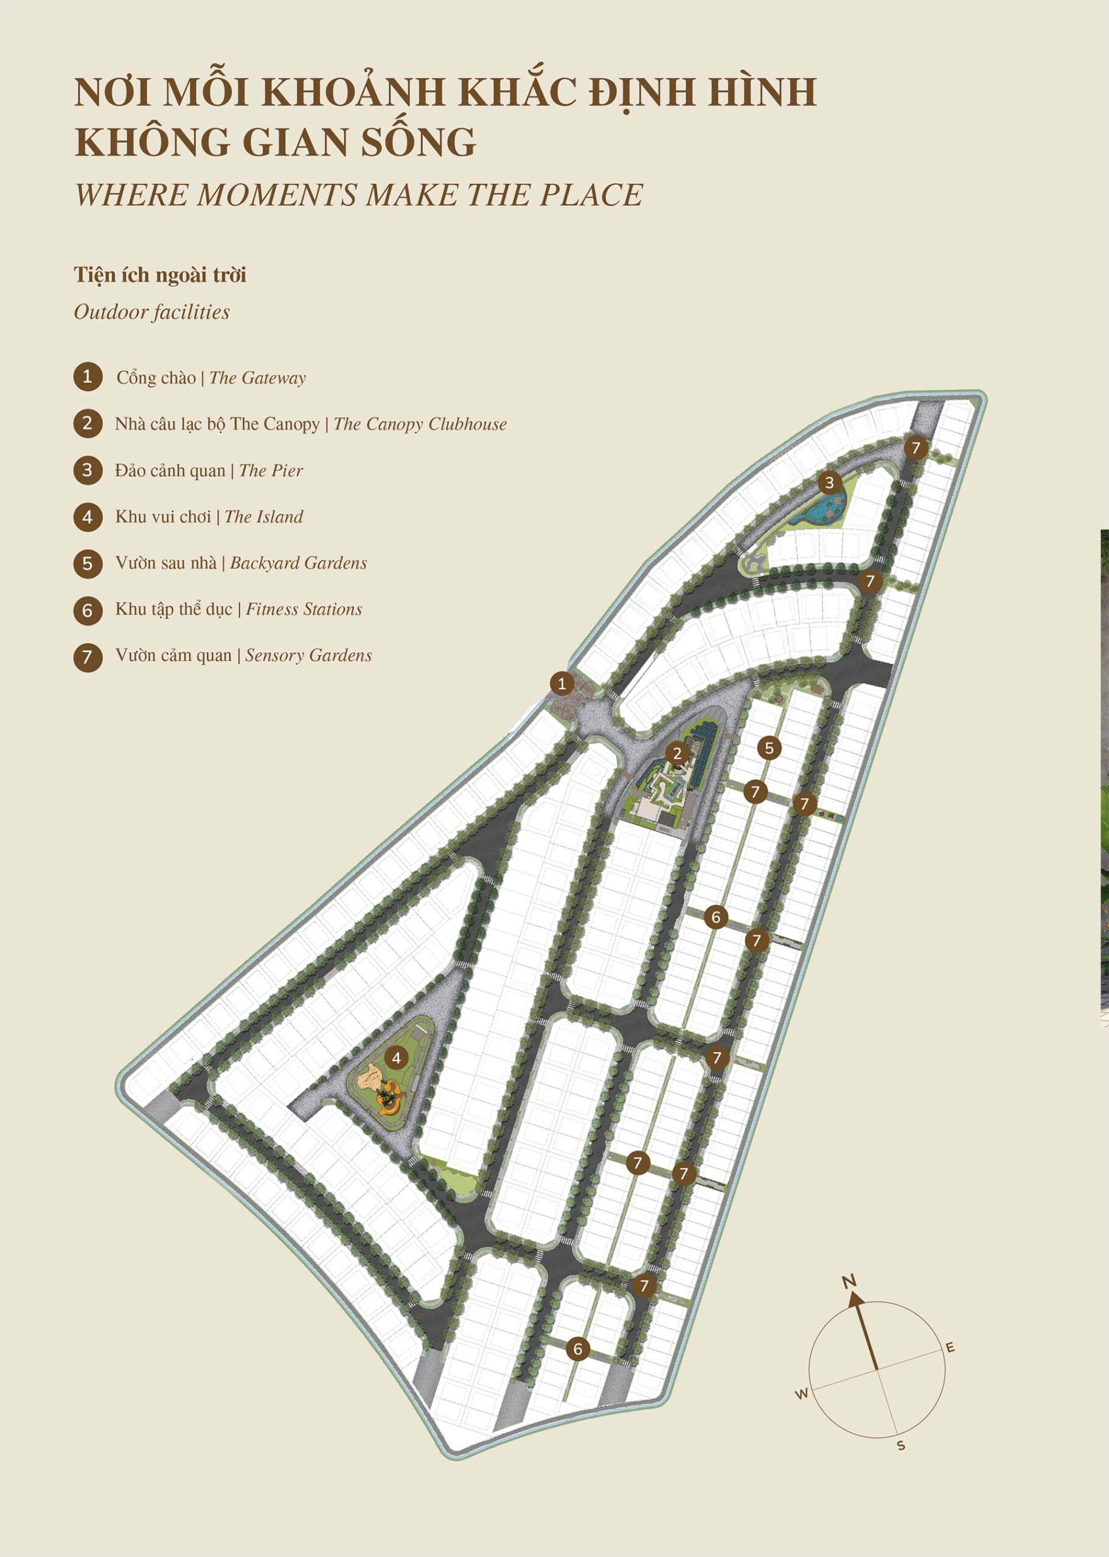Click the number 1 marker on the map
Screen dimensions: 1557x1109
pos(562,682)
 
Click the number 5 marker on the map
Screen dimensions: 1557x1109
pos(769,748)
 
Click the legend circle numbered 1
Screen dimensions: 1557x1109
pos(88,377)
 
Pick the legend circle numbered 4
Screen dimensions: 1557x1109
pos(88,517)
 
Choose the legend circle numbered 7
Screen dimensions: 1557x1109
pos(88,657)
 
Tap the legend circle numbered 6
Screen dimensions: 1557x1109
pos(88,609)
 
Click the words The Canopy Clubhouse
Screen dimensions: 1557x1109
pos(420,424)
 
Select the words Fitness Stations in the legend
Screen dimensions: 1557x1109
pos(304,609)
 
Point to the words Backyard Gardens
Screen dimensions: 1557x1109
pos(299,563)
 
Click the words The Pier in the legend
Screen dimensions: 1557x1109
pos(271,470)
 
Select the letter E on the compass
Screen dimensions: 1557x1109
pos(950,1347)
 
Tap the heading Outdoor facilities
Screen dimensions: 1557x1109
pos(151,312)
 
